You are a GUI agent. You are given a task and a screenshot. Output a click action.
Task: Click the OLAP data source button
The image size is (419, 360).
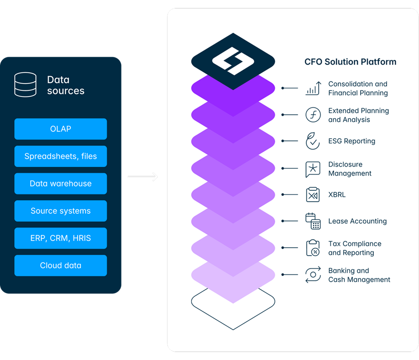coord(60,129)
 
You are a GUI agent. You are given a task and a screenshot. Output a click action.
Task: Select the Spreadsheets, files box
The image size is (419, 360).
coord(60,156)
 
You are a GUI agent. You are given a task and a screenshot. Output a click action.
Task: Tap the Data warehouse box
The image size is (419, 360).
coord(60,183)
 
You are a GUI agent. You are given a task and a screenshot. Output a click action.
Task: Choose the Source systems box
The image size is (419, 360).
coord(60,211)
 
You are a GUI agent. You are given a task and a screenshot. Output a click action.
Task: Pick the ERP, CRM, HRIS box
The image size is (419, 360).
coord(60,238)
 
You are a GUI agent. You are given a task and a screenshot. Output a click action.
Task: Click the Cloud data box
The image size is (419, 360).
coord(60,266)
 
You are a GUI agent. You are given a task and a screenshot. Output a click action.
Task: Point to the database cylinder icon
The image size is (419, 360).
coord(25,85)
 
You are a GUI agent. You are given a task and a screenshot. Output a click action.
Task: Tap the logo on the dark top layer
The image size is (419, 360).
coord(233,61)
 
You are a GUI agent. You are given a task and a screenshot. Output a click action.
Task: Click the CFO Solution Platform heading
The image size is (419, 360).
coord(350,62)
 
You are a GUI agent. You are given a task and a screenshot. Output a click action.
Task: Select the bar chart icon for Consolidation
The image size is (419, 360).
coord(313,88)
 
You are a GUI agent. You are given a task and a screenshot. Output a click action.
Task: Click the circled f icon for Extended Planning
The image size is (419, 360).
coord(313,115)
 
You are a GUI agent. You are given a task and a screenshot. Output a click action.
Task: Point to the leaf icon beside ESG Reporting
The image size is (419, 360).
coord(313,141)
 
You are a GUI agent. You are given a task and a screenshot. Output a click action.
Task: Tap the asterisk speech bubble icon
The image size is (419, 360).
coord(313,169)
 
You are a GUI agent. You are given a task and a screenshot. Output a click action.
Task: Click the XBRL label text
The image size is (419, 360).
coord(337,195)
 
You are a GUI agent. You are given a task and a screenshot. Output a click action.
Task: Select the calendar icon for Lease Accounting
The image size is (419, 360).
coord(313,221)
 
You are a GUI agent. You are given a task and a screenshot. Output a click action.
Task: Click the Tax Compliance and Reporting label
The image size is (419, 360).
coord(355,248)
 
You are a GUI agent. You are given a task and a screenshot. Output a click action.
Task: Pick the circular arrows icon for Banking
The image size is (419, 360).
coord(313,274)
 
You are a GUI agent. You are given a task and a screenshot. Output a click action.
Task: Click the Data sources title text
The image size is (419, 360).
coord(66,85)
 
